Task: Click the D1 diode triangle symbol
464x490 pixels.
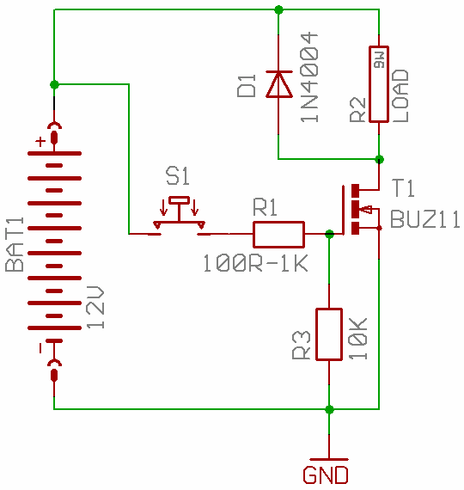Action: tap(279, 84)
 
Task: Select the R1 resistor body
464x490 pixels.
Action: tap(278, 235)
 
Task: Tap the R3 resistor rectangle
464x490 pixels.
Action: tap(329, 334)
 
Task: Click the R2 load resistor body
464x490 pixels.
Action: tap(379, 84)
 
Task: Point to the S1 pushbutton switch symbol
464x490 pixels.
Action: tap(179, 217)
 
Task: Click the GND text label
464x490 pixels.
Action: tap(326, 475)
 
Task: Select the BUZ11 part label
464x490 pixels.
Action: tap(425, 219)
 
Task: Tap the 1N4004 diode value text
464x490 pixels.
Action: tap(309, 77)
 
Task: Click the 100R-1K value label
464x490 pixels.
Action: tap(255, 263)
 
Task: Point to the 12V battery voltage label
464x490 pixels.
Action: tap(95, 307)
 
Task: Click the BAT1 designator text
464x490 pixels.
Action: tap(15, 244)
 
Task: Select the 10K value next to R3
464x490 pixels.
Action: tap(358, 339)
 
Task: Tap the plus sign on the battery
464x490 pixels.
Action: tap(40, 142)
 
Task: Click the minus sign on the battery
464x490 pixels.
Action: tap(40, 348)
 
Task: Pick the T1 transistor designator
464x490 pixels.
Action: tap(403, 187)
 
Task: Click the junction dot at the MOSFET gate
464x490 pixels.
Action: tap(329, 234)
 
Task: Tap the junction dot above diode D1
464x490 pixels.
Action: tap(278, 9)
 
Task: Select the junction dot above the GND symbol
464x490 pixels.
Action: tap(329, 409)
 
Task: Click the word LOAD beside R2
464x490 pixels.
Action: tap(400, 95)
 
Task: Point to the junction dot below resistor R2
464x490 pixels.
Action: tap(379, 159)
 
